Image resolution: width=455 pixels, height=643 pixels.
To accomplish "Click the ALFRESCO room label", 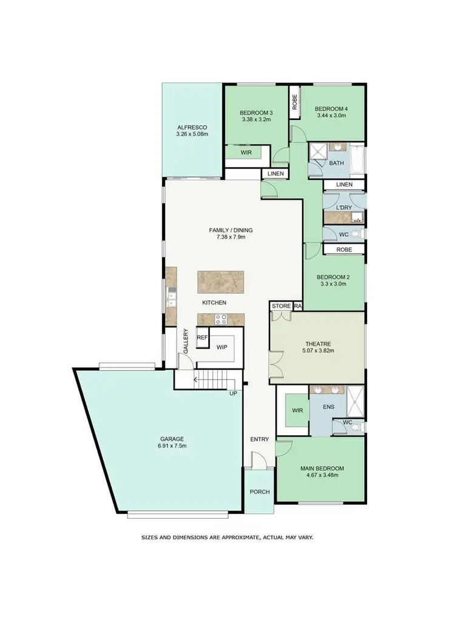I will point(192,127).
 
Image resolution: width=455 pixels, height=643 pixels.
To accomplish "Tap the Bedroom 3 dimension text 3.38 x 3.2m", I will point(255,120).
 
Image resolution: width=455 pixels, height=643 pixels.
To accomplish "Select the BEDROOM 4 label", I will point(331,109).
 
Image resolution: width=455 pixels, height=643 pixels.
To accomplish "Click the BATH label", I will point(336,164).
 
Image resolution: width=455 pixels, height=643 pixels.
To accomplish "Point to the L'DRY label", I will point(344,208).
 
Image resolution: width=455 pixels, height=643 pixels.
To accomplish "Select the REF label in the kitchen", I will point(202,338).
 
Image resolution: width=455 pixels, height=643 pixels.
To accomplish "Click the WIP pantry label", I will point(221,347).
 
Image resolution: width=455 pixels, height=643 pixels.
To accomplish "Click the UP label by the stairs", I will point(232,393).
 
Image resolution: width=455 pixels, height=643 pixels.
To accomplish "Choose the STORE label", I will point(281,306).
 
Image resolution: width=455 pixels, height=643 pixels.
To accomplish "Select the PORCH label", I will point(259,491).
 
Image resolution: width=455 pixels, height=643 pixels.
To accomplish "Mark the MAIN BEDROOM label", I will point(322,468).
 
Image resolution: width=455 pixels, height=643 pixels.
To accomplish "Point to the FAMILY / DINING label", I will point(231,230).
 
